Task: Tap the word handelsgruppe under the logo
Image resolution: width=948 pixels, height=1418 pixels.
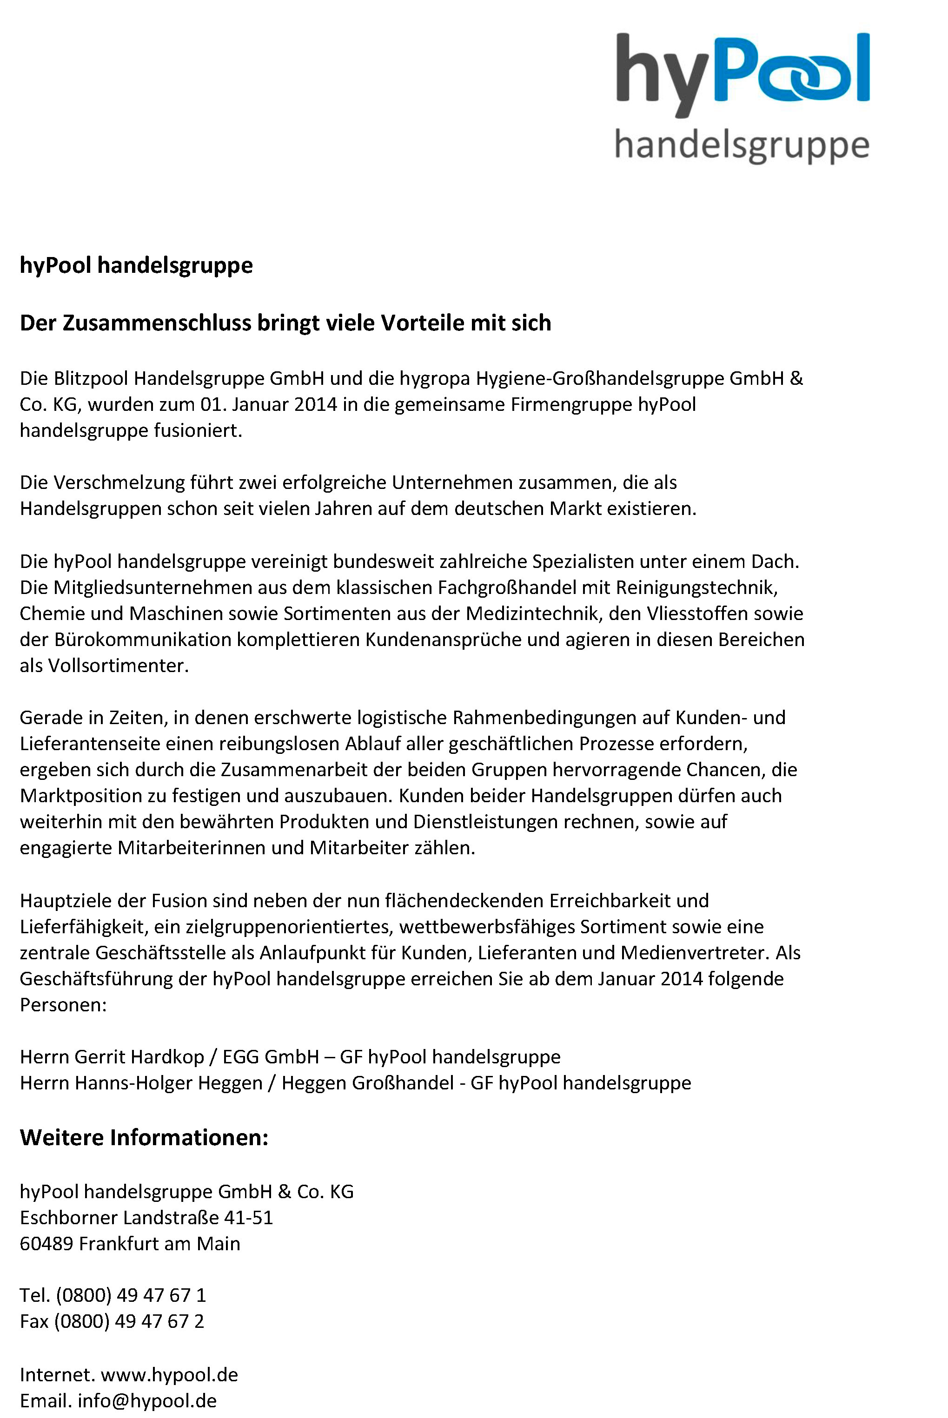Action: pos(742,145)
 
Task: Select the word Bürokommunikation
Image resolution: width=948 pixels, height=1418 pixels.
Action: pos(143,640)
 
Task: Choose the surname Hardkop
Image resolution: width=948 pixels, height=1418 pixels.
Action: pos(167,1056)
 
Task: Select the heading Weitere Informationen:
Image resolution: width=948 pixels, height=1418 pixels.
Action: pos(144,1138)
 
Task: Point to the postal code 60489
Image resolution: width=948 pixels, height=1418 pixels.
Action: pos(46,1243)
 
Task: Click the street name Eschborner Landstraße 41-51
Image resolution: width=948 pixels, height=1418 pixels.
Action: pos(146,1217)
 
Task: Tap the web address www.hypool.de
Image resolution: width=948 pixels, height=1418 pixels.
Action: pos(169,1374)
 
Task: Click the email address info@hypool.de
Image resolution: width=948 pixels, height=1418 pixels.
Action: pos(147,1400)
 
